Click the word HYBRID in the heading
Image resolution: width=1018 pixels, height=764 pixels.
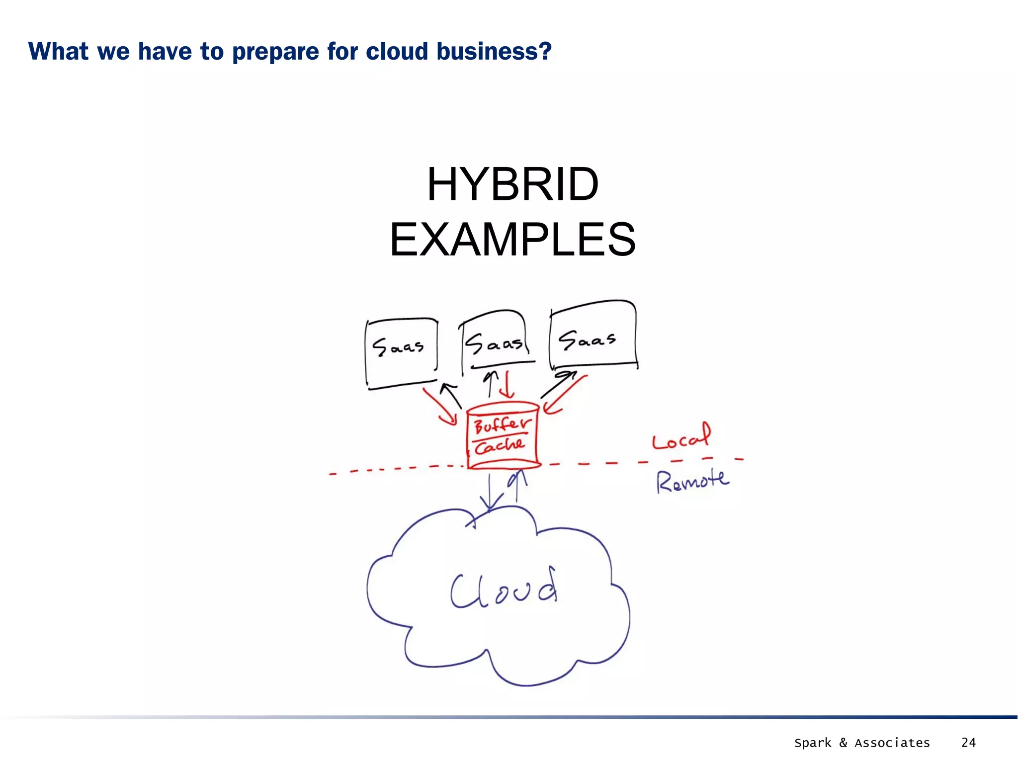512,185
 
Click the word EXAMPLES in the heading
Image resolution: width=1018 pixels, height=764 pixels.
512,240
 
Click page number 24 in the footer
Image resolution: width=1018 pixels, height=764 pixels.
968,743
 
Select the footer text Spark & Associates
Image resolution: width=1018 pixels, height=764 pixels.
861,743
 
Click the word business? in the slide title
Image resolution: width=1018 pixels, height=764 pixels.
494,51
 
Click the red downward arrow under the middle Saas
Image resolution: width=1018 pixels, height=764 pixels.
507,385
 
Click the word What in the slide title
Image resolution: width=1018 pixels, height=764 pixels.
59,51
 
